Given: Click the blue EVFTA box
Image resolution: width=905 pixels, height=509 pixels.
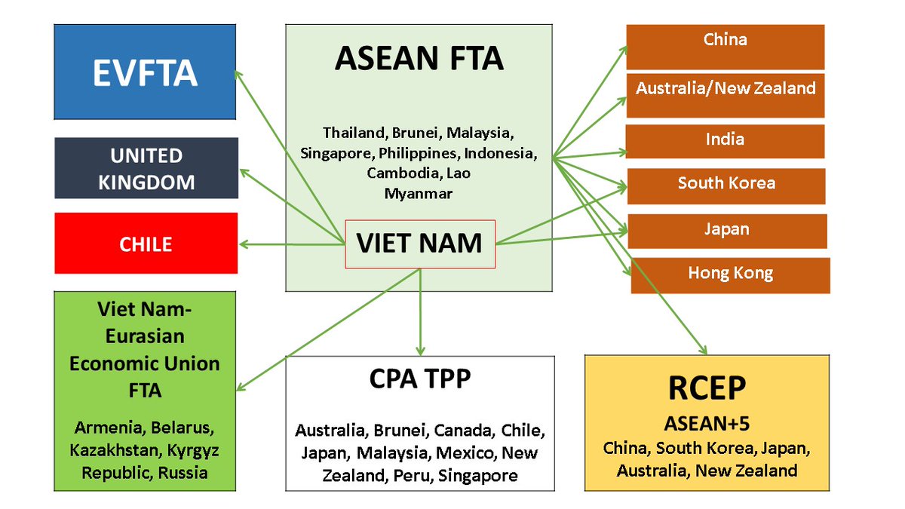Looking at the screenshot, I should point(145,72).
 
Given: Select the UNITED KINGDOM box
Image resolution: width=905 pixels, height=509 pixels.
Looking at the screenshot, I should point(146,168).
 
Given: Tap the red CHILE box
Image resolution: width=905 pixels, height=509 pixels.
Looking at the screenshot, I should point(146,244).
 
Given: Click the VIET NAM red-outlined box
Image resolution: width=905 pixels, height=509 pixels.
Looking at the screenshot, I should point(419,244).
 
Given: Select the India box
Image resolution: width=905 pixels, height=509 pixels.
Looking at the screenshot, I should point(725,140).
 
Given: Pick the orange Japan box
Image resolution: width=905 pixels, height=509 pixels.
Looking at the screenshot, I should point(727,230).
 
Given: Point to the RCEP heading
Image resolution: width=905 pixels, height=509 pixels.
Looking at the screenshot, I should point(707,388).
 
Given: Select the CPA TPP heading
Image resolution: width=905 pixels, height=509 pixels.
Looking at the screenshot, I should point(419,379).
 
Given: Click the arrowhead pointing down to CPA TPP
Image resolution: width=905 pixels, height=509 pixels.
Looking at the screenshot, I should point(419,348).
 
